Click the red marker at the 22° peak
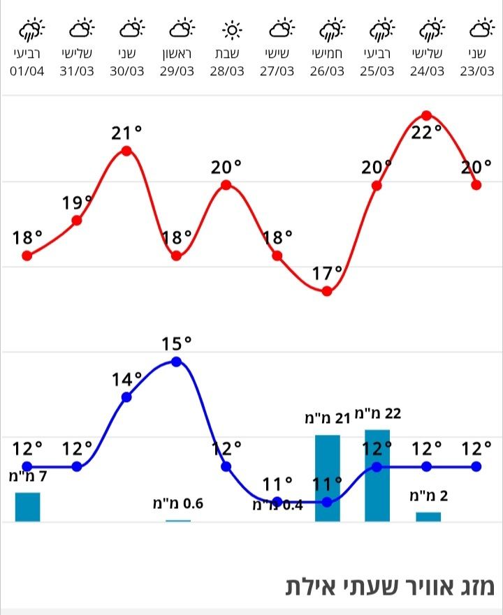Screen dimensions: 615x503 [x=426, y=115]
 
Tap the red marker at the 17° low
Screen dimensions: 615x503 [x=327, y=290]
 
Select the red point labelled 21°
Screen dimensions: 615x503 [x=126, y=151]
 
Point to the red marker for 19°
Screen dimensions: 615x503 [x=78, y=220]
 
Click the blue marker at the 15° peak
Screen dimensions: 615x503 [x=176, y=361]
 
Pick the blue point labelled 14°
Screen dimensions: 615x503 [x=126, y=397]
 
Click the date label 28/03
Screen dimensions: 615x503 [x=228, y=71]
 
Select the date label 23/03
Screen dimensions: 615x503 [x=478, y=71]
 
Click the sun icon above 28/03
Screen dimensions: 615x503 [x=231, y=30]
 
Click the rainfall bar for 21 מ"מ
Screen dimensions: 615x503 [x=328, y=479]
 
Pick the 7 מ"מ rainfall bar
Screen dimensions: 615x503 [x=28, y=507]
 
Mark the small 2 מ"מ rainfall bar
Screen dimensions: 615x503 [x=428, y=517]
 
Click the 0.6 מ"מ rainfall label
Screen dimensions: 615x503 [x=178, y=503]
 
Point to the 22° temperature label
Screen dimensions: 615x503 [x=426, y=133]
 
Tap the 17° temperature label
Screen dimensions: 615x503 [x=327, y=273]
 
